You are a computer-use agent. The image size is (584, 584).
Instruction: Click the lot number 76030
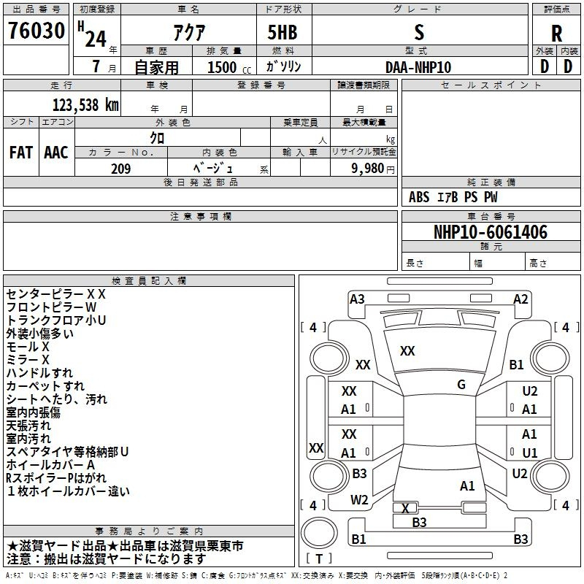[36, 30]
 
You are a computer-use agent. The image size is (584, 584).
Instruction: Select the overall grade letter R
[556, 34]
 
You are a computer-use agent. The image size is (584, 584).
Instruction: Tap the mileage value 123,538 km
[85, 105]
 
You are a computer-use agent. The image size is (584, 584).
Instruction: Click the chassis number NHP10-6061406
[491, 232]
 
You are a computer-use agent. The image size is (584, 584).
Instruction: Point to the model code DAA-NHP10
[418, 67]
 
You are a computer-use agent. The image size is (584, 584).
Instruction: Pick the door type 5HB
[283, 32]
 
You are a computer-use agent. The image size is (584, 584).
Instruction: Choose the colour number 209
[120, 169]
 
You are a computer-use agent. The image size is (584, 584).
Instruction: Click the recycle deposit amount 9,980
[367, 169]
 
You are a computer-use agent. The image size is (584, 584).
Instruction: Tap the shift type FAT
[21, 153]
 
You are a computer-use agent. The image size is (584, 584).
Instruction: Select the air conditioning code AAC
[56, 153]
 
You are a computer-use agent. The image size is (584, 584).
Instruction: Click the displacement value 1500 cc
[229, 67]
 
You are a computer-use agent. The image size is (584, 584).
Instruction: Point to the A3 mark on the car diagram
[357, 299]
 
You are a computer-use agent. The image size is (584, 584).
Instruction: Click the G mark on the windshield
[461, 385]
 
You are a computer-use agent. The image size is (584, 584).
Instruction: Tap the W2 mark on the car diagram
[359, 500]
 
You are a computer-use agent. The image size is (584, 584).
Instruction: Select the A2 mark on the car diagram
[520, 299]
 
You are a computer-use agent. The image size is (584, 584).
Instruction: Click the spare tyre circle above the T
[319, 533]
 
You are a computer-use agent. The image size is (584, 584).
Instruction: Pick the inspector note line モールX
[28, 347]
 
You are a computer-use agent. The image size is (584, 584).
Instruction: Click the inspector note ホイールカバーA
[50, 465]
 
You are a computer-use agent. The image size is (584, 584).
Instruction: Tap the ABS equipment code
[419, 197]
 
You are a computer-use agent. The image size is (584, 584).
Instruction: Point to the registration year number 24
[96, 39]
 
